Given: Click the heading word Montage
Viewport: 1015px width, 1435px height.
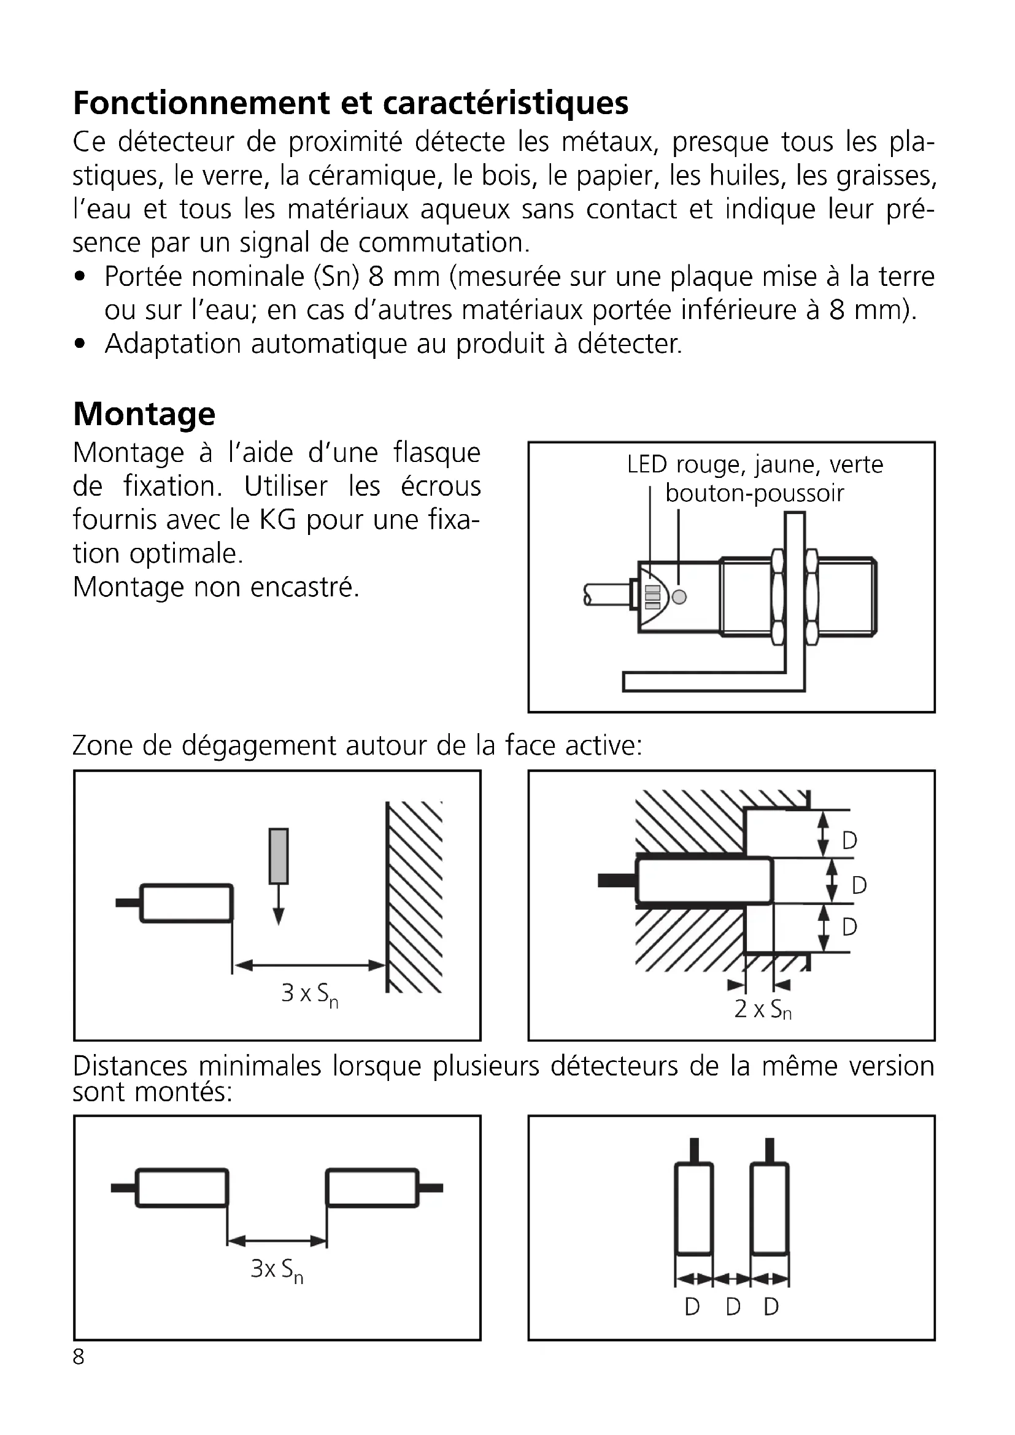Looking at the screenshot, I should point(144,414).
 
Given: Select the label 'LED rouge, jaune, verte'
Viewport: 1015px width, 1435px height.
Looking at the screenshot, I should point(755,465).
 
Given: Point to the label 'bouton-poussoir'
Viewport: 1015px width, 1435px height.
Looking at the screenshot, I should point(754,494).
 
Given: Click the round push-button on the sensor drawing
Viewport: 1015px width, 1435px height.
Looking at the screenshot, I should point(679,597).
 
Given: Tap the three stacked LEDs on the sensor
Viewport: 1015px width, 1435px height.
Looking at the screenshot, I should point(652,597).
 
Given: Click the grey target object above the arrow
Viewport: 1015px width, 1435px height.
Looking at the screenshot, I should point(279,856).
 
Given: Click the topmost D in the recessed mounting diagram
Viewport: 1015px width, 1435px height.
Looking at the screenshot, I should point(849,841).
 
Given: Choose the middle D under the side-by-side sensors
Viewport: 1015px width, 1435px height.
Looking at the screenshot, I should point(733,1307).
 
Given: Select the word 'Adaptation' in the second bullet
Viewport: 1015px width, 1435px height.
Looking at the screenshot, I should point(172,344).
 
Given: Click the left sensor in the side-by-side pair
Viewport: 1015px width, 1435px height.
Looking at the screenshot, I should point(694,1208).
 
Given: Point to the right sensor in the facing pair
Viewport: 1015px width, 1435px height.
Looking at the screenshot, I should point(372,1188).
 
